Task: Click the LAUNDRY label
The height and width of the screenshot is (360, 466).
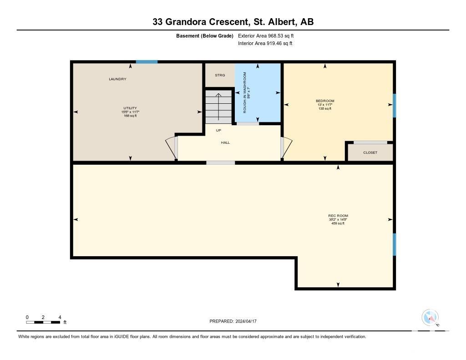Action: (117, 79)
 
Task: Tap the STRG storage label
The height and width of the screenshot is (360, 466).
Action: (220, 75)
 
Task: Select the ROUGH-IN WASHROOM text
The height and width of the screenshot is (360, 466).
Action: (245, 92)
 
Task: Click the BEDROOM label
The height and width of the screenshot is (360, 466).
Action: (325, 101)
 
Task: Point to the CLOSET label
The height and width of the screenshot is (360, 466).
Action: (370, 152)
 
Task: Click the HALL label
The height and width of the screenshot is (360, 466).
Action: (225, 143)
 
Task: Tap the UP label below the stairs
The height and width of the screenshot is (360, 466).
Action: (218, 130)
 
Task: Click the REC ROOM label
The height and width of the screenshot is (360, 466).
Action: (338, 216)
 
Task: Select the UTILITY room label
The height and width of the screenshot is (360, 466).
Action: (130, 108)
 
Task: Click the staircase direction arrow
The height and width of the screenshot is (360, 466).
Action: (218, 106)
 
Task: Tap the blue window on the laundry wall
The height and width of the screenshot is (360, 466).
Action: (147, 62)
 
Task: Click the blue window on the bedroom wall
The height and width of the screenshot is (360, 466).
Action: (395, 106)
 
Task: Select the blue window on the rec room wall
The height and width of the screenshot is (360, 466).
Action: (395, 244)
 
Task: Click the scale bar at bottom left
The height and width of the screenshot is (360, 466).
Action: (43, 322)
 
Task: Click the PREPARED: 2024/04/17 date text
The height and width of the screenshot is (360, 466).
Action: (233, 321)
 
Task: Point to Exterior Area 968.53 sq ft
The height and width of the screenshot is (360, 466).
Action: (266, 35)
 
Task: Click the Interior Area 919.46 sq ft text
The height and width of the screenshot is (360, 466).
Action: (265, 43)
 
